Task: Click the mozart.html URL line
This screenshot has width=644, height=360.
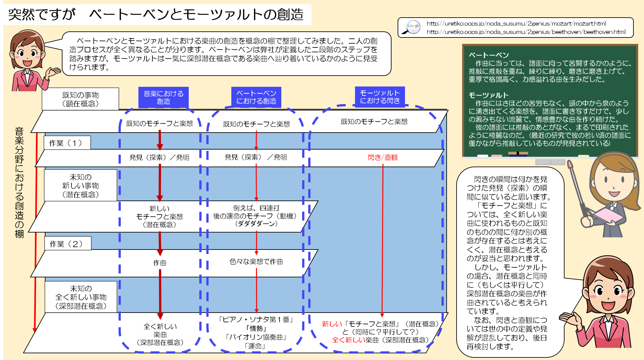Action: pos(516,23)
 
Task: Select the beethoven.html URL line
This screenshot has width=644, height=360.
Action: pos(526,32)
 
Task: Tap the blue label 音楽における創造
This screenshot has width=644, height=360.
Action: pos(163,97)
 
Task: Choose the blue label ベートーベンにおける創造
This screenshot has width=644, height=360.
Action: pos(256,97)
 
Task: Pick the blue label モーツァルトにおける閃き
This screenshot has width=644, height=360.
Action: pos(380,97)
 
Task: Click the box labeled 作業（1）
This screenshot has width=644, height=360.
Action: pos(67,143)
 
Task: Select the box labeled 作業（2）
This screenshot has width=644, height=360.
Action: pos(68,244)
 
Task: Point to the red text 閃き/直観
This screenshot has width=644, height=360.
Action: pos(383,157)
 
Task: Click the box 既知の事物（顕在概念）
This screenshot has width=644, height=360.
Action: pos(80,99)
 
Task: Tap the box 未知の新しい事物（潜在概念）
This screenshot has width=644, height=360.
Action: pos(81,185)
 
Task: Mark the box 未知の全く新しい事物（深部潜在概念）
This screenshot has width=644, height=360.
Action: pos(81,297)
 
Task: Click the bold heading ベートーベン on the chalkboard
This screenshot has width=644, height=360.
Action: pos(489,55)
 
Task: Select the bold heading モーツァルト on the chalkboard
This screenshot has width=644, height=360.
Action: pos(489,95)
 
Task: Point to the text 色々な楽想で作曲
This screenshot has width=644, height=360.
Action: pos(256,262)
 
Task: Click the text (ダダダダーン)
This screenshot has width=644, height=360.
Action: pos(256,224)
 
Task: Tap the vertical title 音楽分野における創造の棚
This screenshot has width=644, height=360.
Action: pos(20,183)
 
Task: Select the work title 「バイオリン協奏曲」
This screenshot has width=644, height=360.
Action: pos(256,337)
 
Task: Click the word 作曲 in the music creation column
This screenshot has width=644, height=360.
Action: pos(160,263)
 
